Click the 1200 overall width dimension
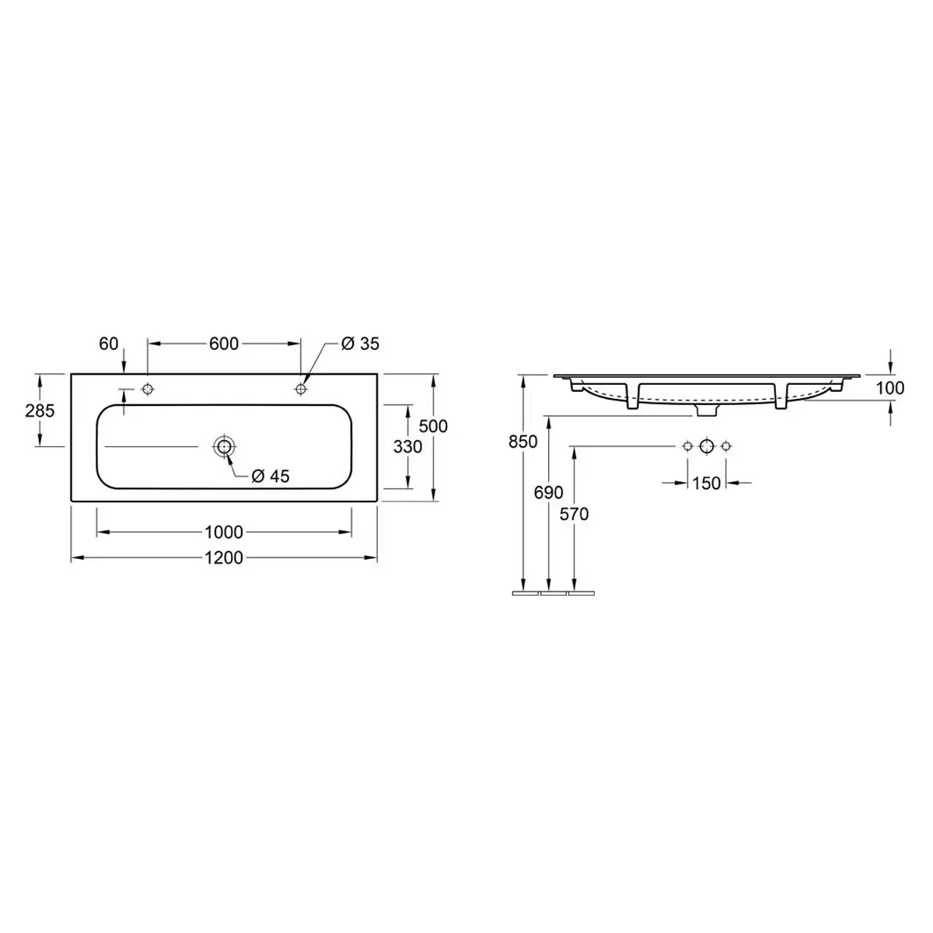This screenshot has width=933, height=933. point(224,557)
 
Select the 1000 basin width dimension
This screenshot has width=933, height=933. point(224,532)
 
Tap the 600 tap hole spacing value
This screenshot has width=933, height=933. point(224,344)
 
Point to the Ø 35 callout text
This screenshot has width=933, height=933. point(360,344)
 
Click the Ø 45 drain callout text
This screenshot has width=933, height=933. point(270,477)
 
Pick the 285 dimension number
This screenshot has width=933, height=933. point(40,411)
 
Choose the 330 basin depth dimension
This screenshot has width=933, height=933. point(407,446)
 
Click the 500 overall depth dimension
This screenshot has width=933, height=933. point(433,426)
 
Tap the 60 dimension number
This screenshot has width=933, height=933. point(108,344)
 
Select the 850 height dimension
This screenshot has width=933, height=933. point(523,442)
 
